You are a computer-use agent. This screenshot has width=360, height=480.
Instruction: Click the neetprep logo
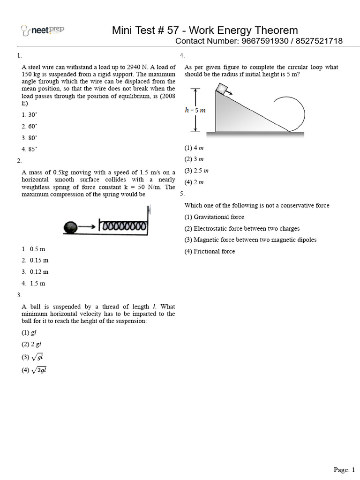(x=43, y=30)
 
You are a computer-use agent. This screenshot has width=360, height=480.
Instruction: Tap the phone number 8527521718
(x=319, y=41)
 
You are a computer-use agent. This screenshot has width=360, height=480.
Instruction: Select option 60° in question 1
(x=29, y=126)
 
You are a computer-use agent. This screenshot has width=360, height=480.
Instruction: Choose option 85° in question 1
(x=29, y=149)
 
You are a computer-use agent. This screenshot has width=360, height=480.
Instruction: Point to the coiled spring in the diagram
(x=123, y=226)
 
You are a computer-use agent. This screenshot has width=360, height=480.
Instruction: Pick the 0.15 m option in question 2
(x=39, y=260)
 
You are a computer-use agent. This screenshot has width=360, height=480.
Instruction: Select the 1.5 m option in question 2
(x=37, y=283)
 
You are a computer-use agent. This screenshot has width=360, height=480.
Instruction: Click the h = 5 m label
(x=195, y=111)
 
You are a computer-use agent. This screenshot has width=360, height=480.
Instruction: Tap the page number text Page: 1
(x=345, y=470)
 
